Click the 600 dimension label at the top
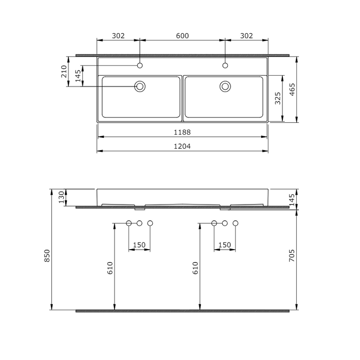[x=182, y=36]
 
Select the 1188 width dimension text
[x=182, y=132]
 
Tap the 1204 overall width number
[x=182, y=147]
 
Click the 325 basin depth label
[x=278, y=98]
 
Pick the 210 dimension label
[x=64, y=71]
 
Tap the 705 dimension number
[x=292, y=256]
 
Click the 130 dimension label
[x=61, y=197]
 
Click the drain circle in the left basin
[x=140, y=86]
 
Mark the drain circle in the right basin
[x=225, y=86]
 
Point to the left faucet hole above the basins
[x=140, y=65]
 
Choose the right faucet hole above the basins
[x=225, y=65]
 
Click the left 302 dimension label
[x=119, y=36]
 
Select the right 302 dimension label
[x=247, y=36]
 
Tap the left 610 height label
[x=110, y=267]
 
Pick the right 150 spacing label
[x=224, y=245]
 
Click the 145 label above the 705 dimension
[x=292, y=199]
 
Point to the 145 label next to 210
[x=78, y=77]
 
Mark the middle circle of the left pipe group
[x=139, y=223]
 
